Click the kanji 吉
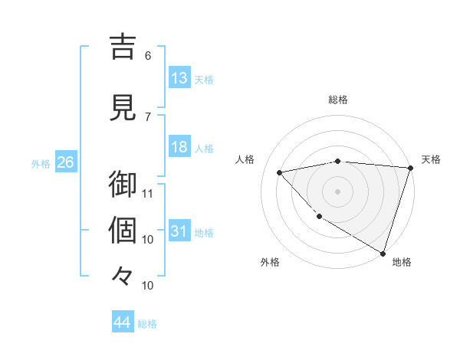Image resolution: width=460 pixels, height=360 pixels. point(123,47)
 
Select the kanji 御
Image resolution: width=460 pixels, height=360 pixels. point(123,185)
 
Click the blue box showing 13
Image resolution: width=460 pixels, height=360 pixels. point(179,78)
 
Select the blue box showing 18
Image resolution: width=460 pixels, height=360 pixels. point(179,148)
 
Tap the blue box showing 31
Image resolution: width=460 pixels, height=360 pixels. point(179,231)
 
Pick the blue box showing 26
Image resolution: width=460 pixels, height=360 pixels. point(65,162)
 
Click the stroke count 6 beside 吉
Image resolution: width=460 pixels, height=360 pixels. point(148,55)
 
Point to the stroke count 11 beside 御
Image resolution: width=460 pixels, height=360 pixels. point(148,193)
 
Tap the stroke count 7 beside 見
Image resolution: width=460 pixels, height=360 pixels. point(148,116)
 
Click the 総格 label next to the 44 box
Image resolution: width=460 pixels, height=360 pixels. point(147,324)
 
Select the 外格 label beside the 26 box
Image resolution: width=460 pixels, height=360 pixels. point(41,163)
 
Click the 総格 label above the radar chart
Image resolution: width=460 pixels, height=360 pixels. point(337,100)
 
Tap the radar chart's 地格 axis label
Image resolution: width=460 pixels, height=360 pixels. point(402,262)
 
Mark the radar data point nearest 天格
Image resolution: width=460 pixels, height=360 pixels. point(410,168)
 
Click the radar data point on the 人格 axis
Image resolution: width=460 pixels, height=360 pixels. point(280,172)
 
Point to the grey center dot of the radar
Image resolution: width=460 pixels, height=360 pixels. point(337,191)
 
